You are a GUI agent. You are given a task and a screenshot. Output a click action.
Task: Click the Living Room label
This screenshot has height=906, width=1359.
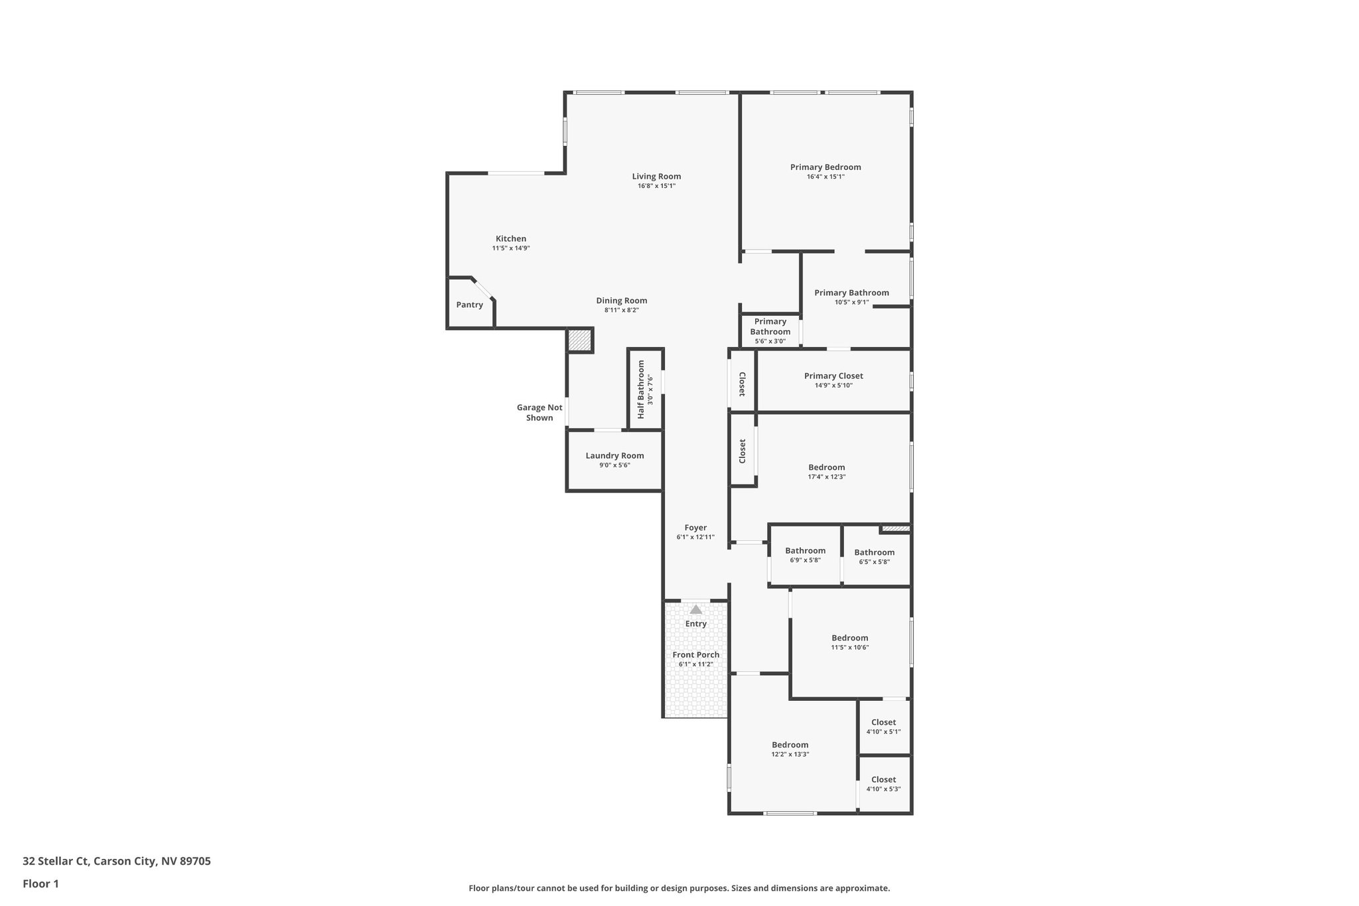656,177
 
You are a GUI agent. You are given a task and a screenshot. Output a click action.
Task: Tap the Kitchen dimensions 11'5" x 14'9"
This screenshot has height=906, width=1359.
510,248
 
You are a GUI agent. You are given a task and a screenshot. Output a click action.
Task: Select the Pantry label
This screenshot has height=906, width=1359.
469,305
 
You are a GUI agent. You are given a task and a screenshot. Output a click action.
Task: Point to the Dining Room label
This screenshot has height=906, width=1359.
621,301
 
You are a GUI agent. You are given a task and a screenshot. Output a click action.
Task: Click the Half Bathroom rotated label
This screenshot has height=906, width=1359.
642,389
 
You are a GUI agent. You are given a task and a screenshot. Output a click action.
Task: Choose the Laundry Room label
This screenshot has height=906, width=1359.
614,455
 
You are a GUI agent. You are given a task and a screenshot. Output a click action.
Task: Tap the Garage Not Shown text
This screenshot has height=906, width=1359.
539,413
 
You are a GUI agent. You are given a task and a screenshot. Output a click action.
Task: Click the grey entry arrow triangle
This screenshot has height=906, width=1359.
695,609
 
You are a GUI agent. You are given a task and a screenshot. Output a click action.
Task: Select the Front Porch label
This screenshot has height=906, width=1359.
695,654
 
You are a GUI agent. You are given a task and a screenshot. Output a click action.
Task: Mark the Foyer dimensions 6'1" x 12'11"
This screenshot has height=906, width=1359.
695,537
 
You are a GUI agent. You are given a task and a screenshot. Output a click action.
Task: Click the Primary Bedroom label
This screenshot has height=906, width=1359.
825,167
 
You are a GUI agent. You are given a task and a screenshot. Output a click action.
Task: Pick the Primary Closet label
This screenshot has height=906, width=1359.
833,376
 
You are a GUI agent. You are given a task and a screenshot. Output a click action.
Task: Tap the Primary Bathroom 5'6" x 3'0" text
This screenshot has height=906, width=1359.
770,341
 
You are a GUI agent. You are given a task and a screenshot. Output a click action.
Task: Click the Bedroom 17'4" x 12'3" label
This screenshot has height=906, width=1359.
826,467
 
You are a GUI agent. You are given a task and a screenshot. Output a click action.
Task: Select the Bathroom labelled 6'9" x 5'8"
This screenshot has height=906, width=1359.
805,551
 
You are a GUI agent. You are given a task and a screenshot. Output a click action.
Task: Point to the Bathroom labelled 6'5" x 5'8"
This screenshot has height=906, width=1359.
874,552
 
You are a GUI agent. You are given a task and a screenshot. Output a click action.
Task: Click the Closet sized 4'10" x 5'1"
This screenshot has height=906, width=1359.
883,722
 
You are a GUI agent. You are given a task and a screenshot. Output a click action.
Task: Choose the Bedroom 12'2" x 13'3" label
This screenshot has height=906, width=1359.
790,745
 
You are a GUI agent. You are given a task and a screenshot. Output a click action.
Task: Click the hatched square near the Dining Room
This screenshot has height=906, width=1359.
579,340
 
